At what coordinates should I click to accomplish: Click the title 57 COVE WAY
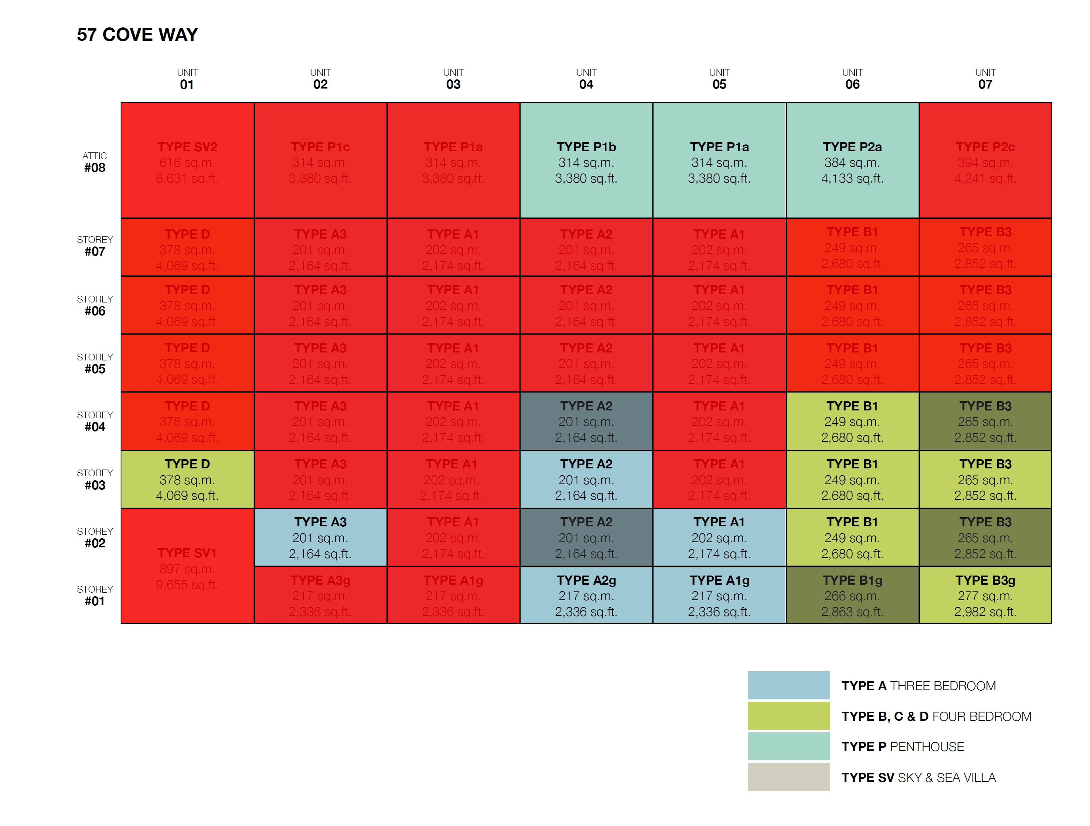coord(137,35)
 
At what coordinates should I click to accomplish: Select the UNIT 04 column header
coord(586,79)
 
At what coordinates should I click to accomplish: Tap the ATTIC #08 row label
coord(94,162)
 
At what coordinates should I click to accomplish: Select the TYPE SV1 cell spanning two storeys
coord(187,567)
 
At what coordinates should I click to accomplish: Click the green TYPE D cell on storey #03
coord(187,479)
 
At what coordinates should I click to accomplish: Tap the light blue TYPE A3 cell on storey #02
coord(320,537)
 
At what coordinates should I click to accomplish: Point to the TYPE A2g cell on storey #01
coord(586,595)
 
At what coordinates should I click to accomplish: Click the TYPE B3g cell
coord(985,595)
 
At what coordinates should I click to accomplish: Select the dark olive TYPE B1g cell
coord(852,595)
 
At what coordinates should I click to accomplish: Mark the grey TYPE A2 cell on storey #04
coord(586,422)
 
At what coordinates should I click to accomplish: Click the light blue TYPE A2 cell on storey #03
coord(586,479)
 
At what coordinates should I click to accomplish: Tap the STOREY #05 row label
coord(94,363)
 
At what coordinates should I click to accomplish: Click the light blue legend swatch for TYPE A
coord(788,685)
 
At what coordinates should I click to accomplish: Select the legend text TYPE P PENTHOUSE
coord(902,747)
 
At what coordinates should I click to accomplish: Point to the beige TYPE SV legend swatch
coord(788,777)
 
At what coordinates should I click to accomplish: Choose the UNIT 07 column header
coord(985,79)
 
